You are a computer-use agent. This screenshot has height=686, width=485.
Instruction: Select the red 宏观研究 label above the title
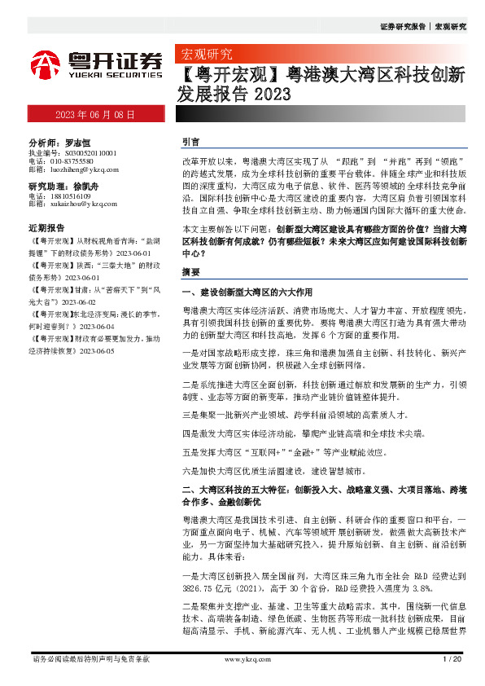[204, 55]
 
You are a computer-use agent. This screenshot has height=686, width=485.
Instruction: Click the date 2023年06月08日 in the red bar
[94, 115]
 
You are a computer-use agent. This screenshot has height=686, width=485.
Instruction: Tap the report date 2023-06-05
[95, 351]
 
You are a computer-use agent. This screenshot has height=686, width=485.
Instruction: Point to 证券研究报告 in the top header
[402, 27]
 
